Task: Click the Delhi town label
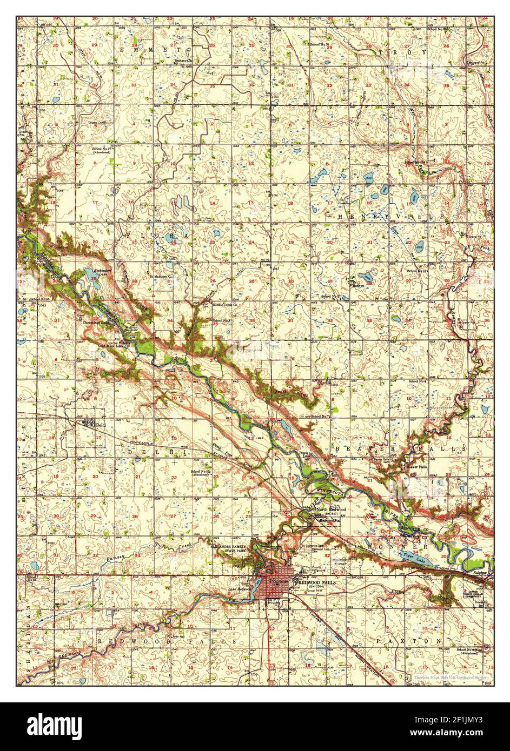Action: point(98,425)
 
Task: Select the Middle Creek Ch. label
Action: point(226,305)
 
